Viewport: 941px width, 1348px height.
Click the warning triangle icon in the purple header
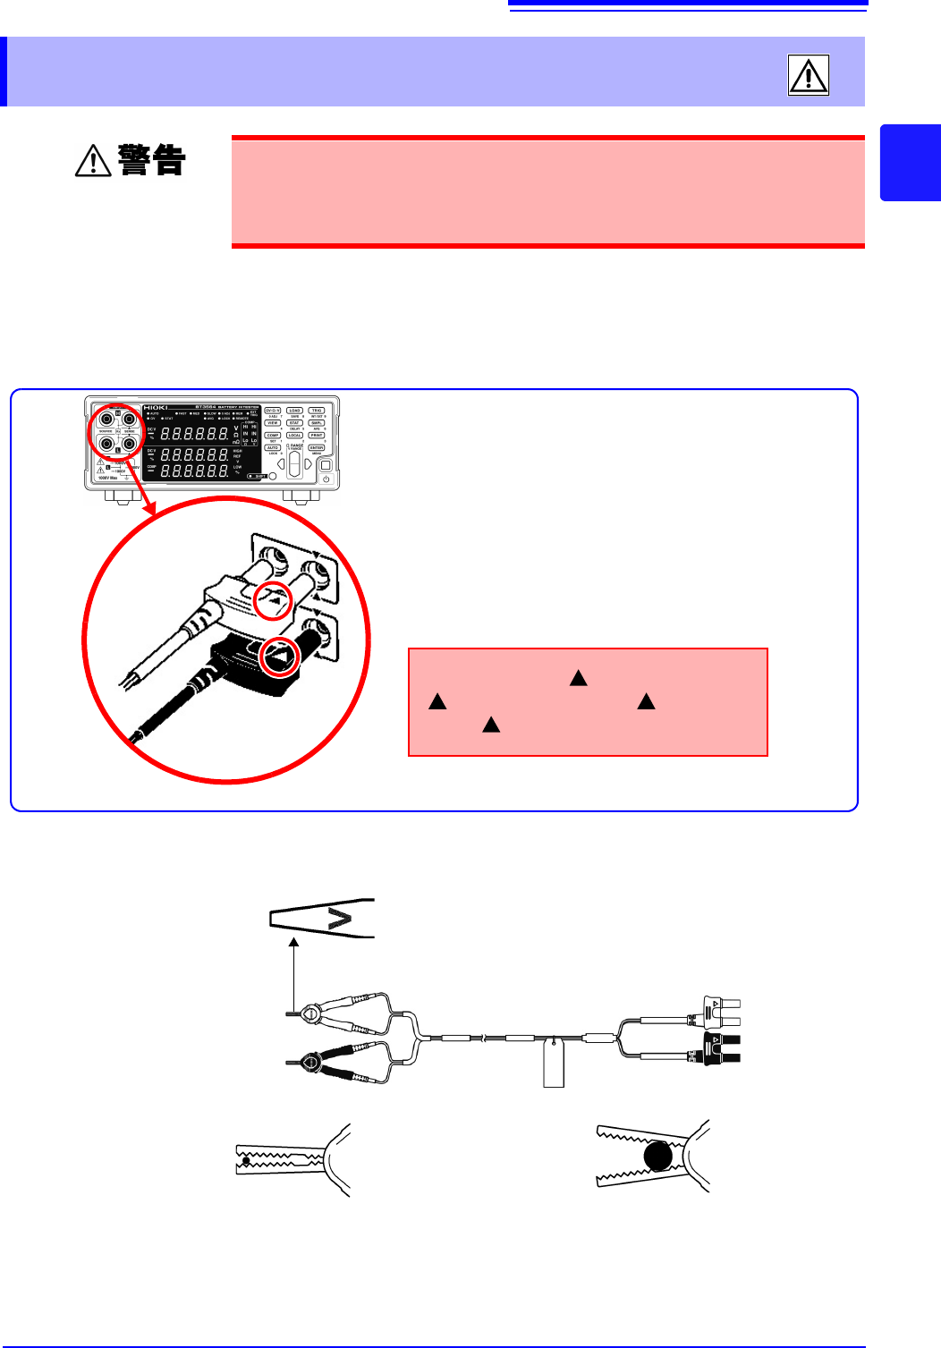(808, 74)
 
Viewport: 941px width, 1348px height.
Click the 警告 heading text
(152, 161)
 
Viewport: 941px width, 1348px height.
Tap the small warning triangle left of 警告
(92, 161)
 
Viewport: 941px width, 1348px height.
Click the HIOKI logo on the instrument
(156, 408)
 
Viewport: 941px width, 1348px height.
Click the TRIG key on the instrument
(317, 411)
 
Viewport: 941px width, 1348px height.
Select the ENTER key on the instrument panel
(317, 448)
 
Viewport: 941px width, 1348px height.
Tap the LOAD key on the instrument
(294, 411)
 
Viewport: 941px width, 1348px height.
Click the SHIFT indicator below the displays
(258, 476)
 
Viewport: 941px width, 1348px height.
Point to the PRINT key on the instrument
(317, 436)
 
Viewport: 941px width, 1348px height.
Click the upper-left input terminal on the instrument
(106, 418)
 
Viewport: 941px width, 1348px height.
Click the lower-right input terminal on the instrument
(130, 442)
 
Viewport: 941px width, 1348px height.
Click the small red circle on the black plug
(280, 657)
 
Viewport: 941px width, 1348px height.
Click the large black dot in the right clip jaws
(657, 1157)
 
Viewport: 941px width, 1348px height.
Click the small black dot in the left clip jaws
(246, 1160)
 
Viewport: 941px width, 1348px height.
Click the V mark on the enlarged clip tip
(340, 918)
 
